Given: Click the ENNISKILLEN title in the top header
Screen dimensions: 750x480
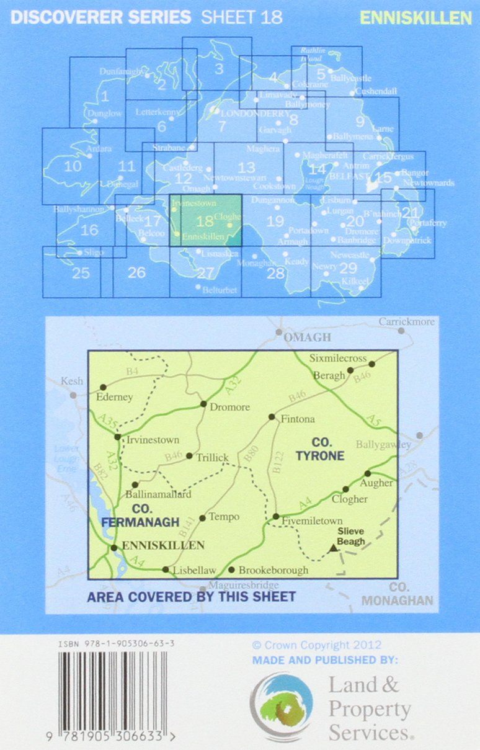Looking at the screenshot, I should coord(416,18).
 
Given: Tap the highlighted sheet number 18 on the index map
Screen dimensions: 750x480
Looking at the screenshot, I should coord(205,221).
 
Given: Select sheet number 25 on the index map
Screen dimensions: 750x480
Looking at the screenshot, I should coord(81,273).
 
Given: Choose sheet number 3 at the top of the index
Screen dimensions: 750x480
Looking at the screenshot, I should coord(218,68).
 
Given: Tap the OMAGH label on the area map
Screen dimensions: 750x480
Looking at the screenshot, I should coord(308,337).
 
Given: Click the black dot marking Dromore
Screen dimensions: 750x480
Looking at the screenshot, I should coord(203,404).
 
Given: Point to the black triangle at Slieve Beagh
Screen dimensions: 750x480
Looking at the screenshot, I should coord(334,548).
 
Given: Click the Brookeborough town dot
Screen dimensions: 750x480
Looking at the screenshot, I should coord(231,569).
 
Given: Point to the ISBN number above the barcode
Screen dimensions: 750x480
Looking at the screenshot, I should coord(117,644).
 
